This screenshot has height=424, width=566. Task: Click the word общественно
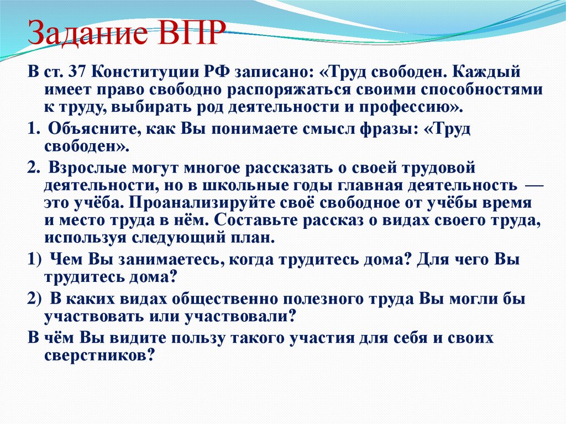[x=228, y=300]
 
